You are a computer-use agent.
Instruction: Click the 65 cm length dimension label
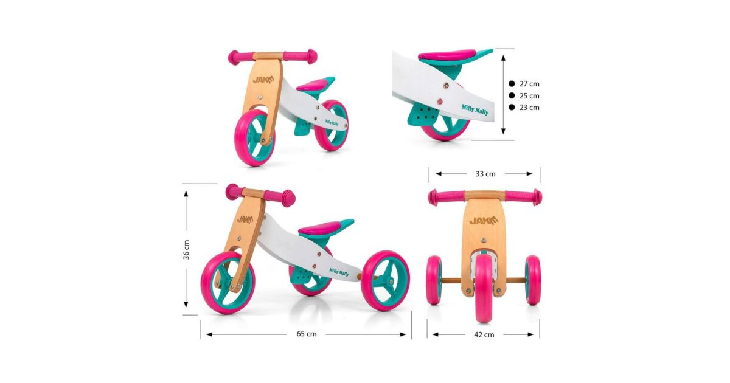pos(307,334)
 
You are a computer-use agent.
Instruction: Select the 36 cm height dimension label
pos(186,250)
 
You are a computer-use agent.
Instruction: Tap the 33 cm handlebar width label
pos(485,174)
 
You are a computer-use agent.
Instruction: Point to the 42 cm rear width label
pos(484,334)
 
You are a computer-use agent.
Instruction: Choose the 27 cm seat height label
pos(529,84)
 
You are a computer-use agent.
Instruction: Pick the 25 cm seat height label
pos(529,96)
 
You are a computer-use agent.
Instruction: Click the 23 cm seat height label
pos(529,107)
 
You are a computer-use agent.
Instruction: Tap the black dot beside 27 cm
pos(512,84)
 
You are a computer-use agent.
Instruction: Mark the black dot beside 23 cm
pos(512,107)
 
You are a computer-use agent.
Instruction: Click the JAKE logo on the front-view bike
pos(484,221)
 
